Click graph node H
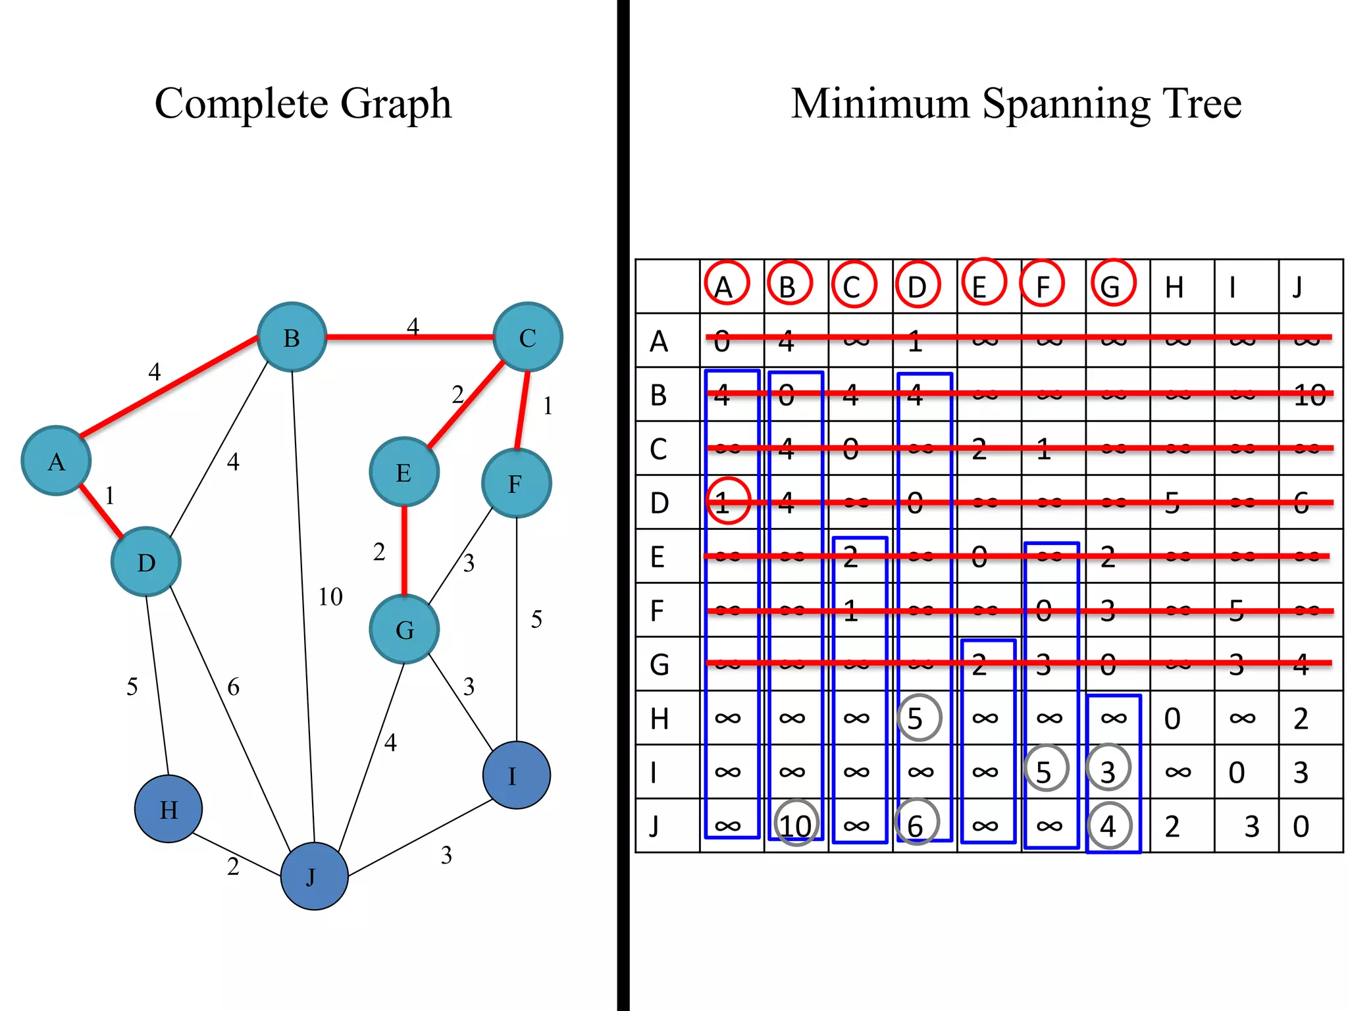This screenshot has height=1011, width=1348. [168, 809]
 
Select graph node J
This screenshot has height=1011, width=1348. [314, 876]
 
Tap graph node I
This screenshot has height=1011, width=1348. [516, 775]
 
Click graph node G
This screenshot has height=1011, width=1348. [404, 629]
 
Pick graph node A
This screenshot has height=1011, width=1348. [56, 461]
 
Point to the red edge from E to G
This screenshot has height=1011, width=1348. [404, 550]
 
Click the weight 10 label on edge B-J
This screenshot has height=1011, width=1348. [330, 597]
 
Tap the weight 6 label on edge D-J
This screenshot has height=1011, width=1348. [233, 687]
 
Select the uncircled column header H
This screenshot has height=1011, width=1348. [1174, 288]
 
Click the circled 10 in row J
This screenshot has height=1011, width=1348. [796, 824]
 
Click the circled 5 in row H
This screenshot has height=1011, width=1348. [919, 718]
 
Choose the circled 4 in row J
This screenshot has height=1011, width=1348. [1110, 825]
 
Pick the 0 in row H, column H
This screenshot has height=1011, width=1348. [1172, 719]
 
